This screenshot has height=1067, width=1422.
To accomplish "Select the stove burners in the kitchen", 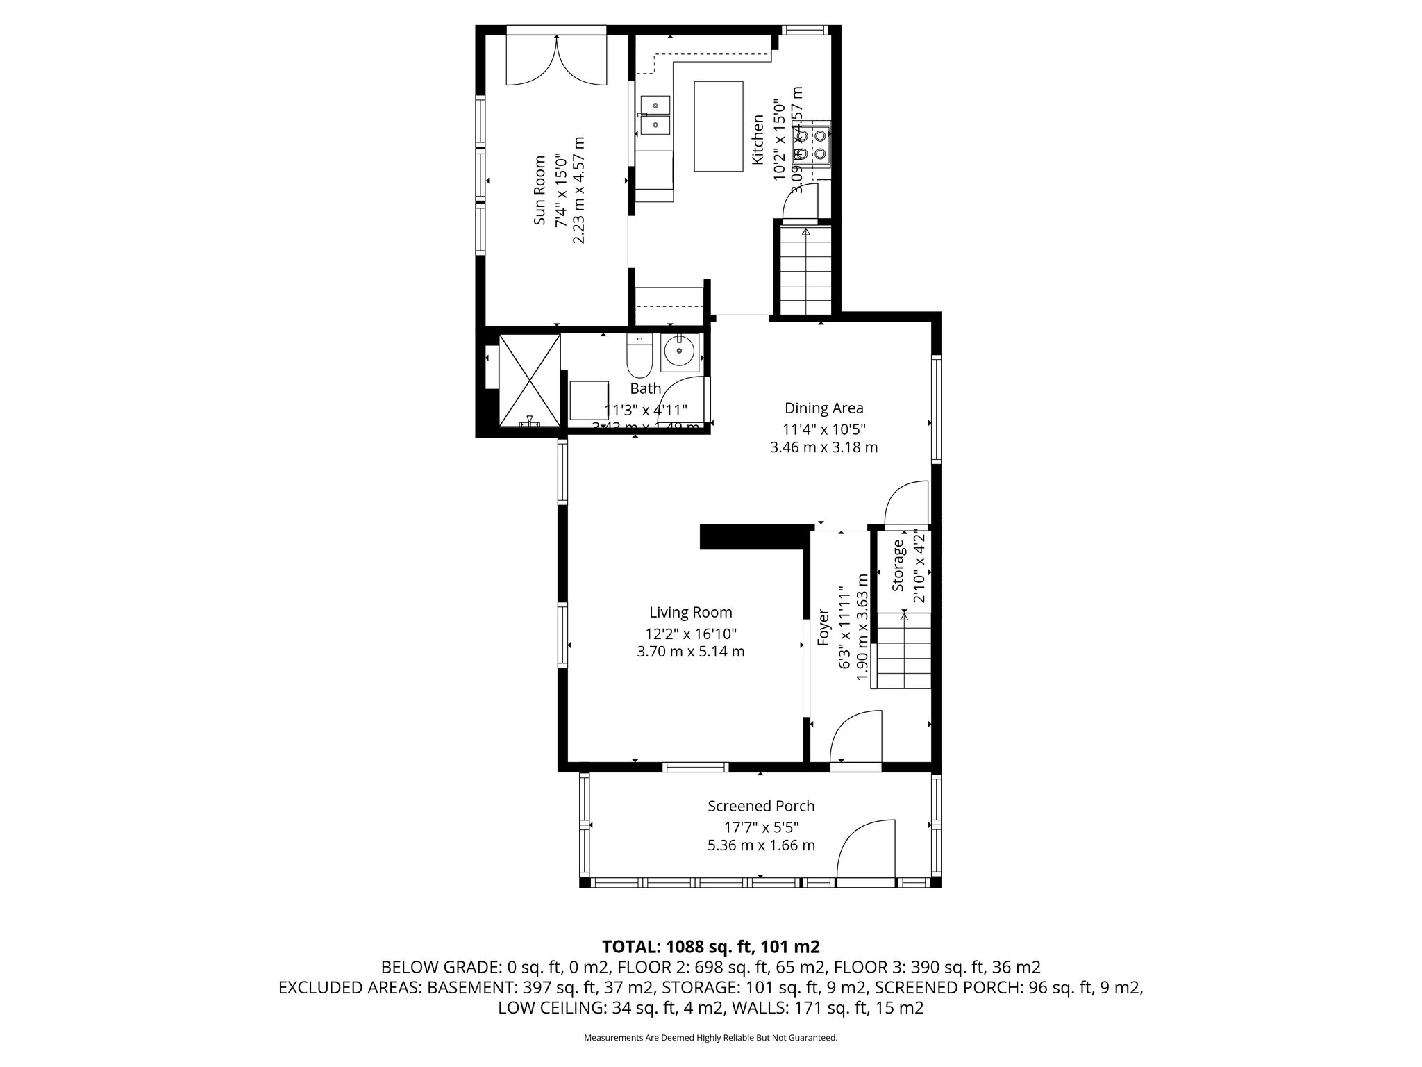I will pos(811,143).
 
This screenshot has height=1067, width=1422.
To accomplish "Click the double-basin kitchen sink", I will pos(169,115).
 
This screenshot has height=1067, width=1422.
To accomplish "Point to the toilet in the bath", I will pos(638,354).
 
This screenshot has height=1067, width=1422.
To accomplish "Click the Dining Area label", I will pos(823,408).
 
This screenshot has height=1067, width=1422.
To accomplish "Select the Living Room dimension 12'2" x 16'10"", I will pos(690,634).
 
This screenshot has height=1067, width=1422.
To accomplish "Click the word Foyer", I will pos(823,627).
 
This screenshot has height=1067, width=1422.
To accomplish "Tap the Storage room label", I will pos(899,566).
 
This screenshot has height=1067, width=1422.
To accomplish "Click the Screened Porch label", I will pos(760,806).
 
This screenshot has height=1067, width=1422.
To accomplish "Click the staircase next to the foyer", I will pos(903,653).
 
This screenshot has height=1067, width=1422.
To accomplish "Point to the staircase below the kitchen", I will pos(804,271).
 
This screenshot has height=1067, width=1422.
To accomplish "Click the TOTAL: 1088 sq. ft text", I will pos(711,947).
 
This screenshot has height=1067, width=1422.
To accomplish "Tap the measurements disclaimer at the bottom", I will pos(710,1038).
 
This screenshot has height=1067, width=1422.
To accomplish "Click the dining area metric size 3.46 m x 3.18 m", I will pos(823,447).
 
